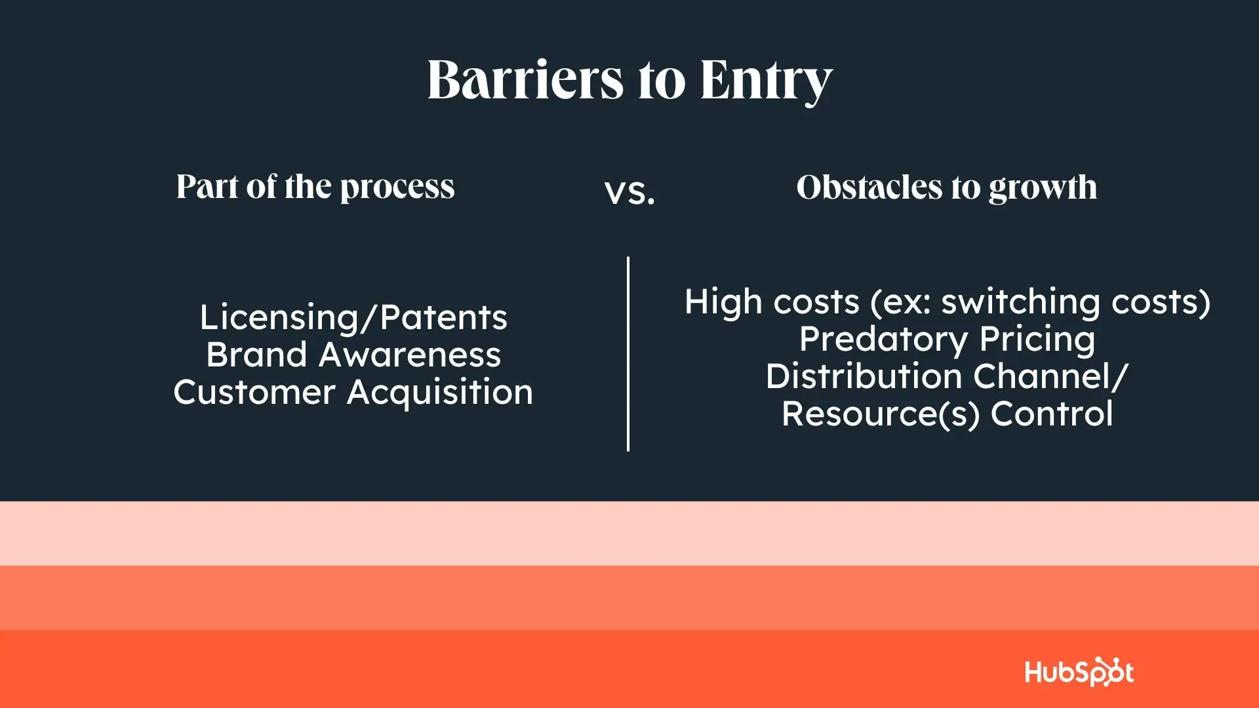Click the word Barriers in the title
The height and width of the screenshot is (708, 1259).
click(x=525, y=79)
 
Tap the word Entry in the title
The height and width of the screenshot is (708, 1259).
click(x=766, y=81)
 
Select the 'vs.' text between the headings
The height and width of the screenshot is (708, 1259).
click(x=629, y=192)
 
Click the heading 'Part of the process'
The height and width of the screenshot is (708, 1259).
click(x=315, y=187)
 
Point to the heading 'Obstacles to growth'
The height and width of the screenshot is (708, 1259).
click(x=946, y=188)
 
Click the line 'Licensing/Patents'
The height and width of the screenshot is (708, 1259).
click(x=353, y=318)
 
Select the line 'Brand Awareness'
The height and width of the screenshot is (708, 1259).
click(x=353, y=355)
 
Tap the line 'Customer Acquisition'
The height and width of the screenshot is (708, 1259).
click(x=353, y=393)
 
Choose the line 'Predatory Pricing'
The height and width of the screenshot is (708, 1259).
click(x=947, y=340)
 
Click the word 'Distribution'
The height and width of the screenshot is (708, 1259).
click(x=864, y=376)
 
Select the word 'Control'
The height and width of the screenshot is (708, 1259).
click(x=1052, y=414)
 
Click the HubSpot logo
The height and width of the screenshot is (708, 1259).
click(x=1079, y=672)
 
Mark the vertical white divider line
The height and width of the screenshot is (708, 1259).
click(x=628, y=354)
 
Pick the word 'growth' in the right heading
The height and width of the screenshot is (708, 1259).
click(x=1043, y=189)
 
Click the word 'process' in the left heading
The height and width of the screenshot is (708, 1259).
click(x=397, y=189)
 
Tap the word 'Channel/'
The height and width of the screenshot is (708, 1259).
click(x=1050, y=376)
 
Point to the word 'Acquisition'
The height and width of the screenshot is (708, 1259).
click(x=440, y=393)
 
